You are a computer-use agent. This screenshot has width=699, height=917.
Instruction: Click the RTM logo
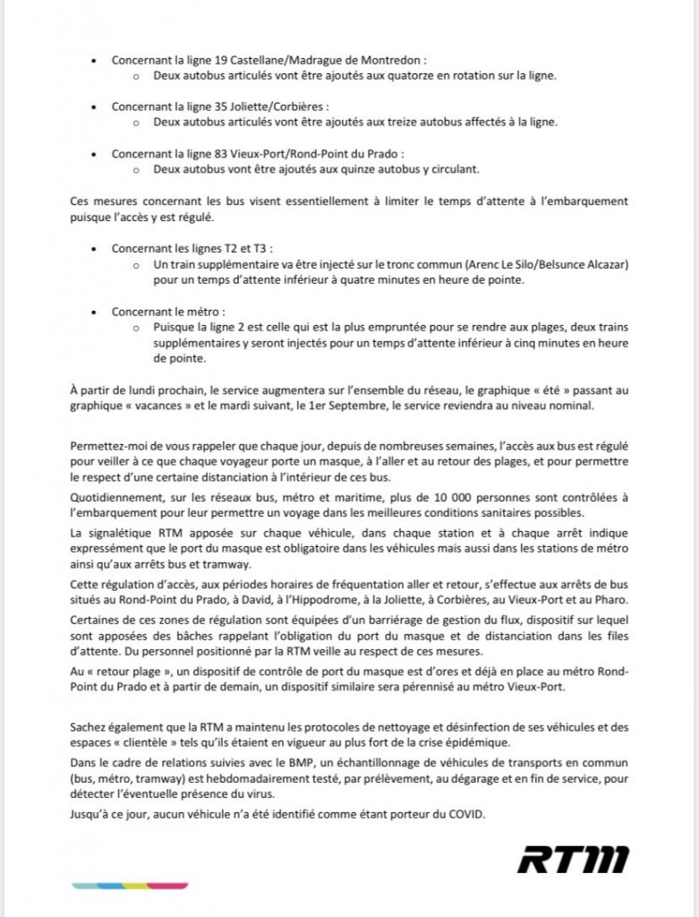[573, 859]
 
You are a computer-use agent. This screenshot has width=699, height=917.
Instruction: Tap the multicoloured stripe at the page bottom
[131, 886]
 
